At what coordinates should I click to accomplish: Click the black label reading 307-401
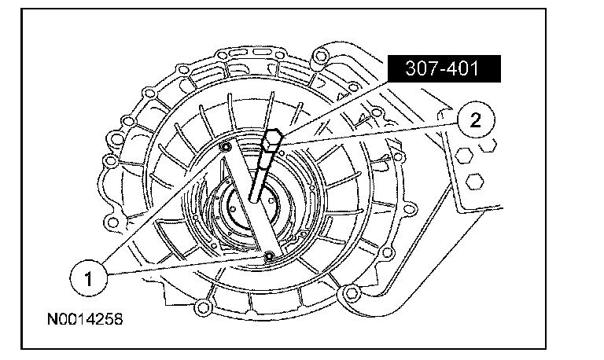point(444,68)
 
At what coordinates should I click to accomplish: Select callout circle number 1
point(89,278)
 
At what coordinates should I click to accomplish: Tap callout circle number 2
point(476,120)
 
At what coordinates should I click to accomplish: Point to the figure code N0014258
point(85,319)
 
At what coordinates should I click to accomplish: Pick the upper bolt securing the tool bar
point(225,146)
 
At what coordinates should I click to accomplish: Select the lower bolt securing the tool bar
point(269,255)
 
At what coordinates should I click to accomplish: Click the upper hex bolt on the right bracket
point(463,155)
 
